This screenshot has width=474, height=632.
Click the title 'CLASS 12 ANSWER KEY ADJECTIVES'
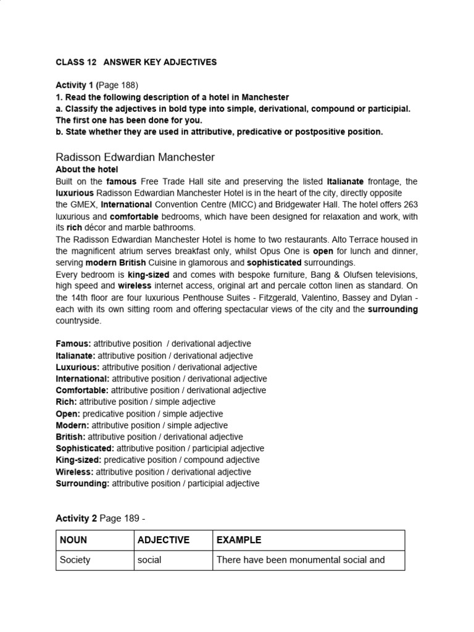[136, 62]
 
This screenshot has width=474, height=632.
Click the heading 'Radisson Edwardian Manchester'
[135, 157]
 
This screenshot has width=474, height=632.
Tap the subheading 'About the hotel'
[86, 170]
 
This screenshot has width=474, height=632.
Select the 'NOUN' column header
[73, 540]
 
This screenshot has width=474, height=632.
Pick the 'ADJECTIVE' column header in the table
[163, 540]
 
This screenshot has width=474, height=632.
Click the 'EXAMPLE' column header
[238, 540]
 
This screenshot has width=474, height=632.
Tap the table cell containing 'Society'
[75, 560]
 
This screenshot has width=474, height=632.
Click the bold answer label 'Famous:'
[73, 343]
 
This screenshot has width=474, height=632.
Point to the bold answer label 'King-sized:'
[78, 460]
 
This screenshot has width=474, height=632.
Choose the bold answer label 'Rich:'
[66, 402]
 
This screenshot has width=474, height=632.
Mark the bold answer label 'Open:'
[68, 414]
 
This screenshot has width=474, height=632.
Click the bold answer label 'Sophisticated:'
[85, 448]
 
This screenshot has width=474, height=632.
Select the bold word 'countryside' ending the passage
[78, 321]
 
